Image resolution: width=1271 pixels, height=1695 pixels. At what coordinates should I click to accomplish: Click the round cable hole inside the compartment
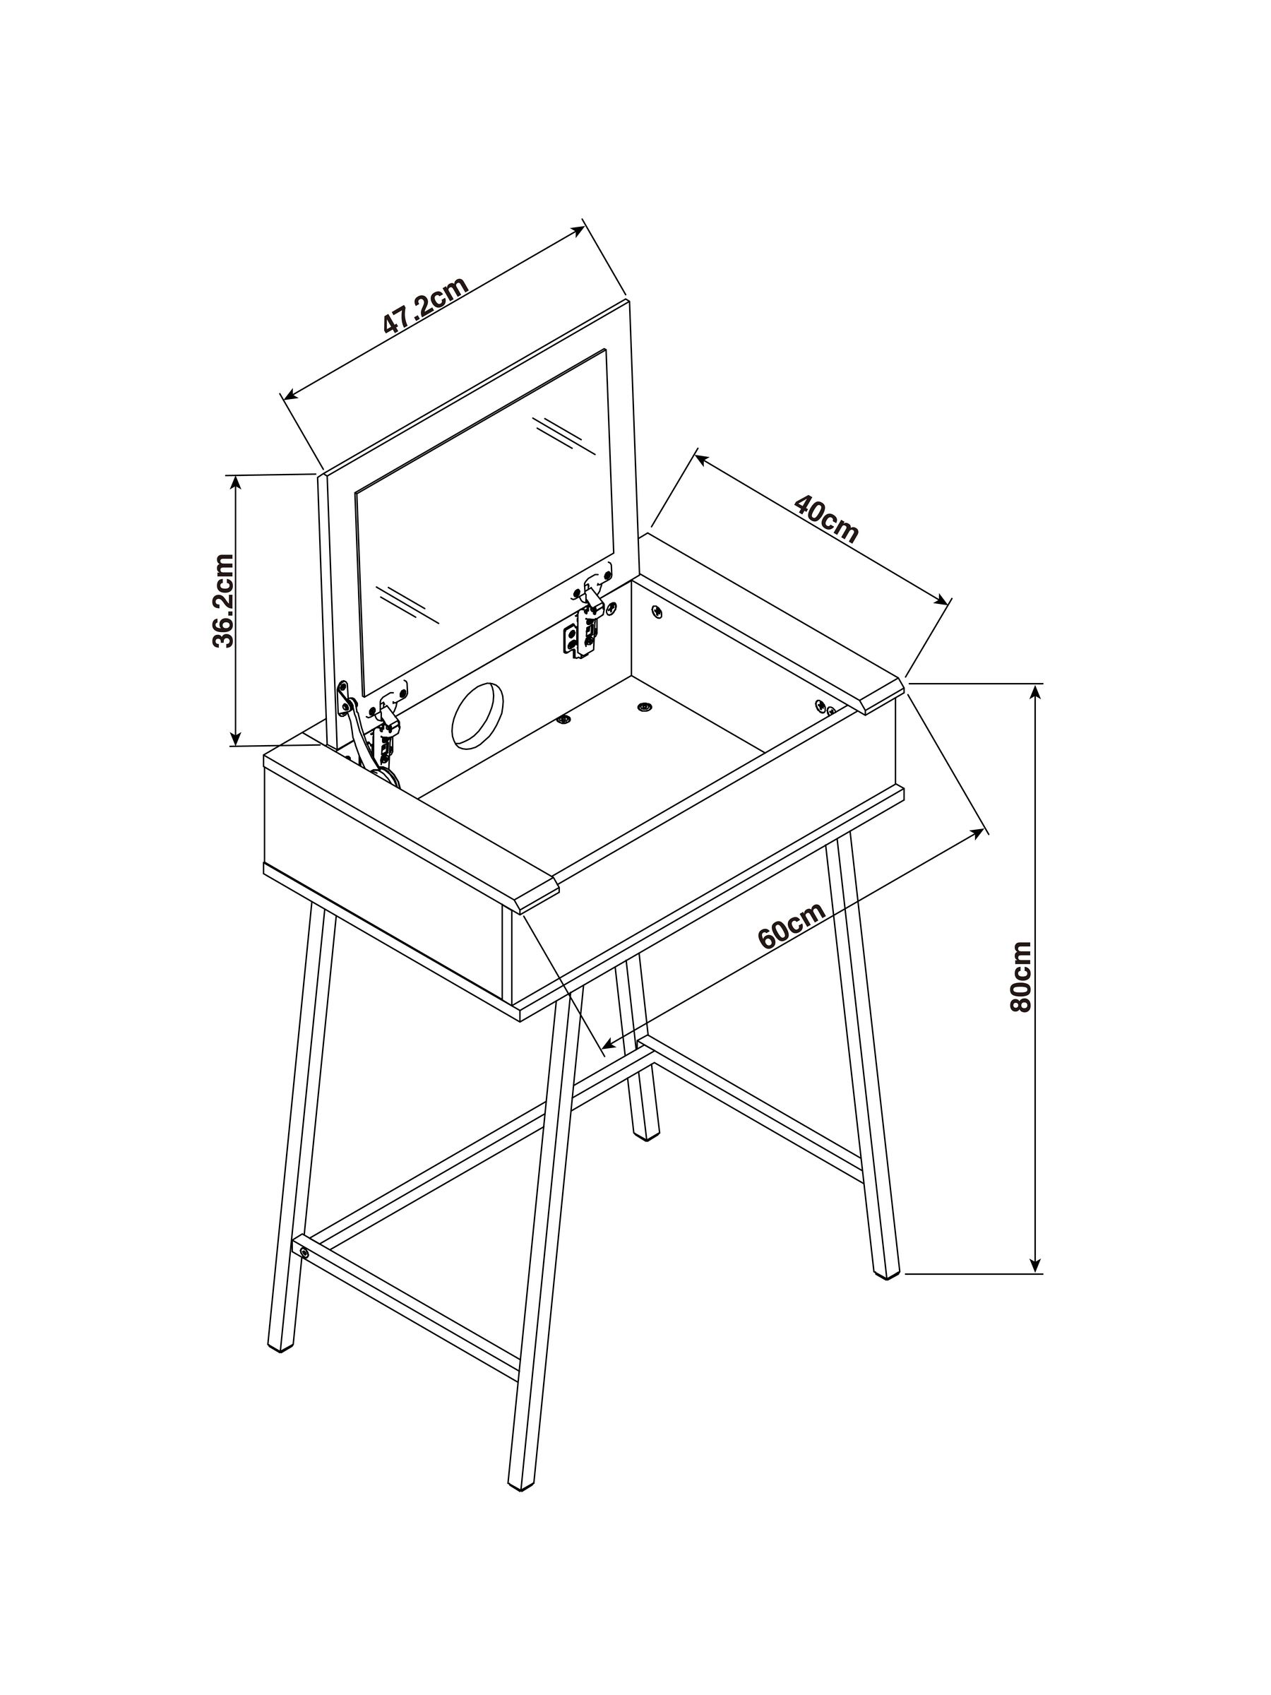[x=478, y=715]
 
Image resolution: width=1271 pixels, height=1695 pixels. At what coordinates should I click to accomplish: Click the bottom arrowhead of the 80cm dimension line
[x=1036, y=1263]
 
